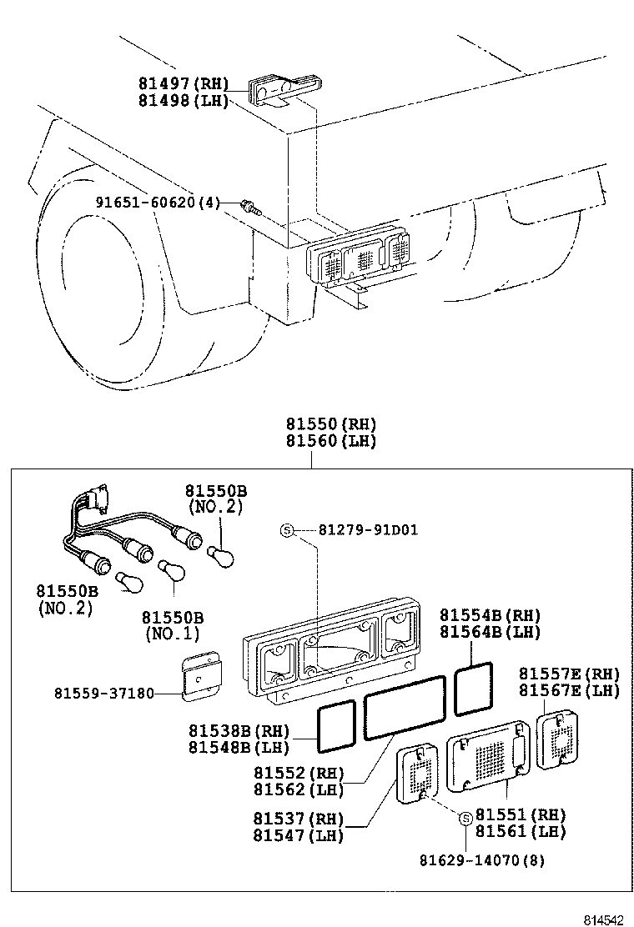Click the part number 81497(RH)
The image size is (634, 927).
[183, 84]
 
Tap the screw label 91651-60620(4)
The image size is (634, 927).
[156, 203]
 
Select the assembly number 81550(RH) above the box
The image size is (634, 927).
[331, 423]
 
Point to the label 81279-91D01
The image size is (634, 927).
[368, 530]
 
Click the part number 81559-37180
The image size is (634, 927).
[104, 693]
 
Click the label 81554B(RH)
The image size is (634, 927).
[490, 615]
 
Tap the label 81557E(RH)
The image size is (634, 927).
[569, 674]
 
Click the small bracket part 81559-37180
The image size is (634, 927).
[200, 676]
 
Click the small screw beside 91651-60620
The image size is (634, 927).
[248, 205]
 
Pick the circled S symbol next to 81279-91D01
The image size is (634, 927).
[286, 530]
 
